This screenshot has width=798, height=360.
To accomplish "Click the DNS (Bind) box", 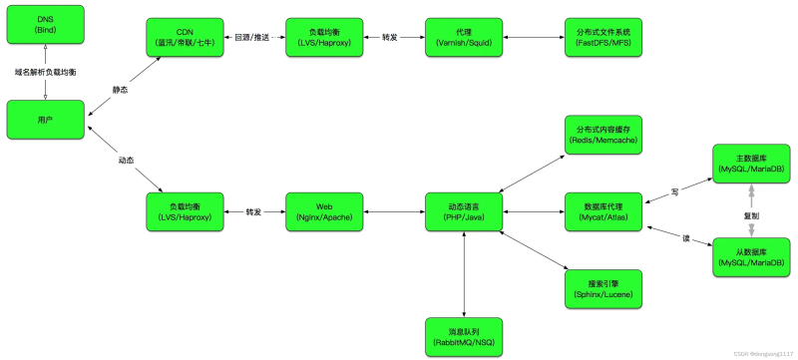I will pyautogui.click(x=45, y=24).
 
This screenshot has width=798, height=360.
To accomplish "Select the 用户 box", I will pyautogui.click(x=45, y=119).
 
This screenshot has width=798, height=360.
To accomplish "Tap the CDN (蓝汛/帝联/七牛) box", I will pyautogui.click(x=186, y=37).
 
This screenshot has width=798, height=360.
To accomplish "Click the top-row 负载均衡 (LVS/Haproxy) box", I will pyautogui.click(x=325, y=37).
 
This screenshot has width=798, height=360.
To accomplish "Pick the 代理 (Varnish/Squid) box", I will pyautogui.click(x=464, y=37).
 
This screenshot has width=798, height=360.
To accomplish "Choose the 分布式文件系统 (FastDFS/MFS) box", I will pyautogui.click(x=603, y=37).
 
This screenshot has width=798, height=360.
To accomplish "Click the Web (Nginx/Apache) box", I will pyautogui.click(x=325, y=211).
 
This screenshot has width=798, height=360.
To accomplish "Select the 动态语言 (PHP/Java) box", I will pyautogui.click(x=464, y=211).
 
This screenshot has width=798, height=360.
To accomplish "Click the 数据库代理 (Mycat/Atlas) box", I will pyautogui.click(x=603, y=211).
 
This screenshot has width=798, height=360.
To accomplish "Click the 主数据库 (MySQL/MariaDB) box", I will pyautogui.click(x=751, y=164).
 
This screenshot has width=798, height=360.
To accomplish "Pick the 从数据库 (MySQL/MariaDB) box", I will pyautogui.click(x=751, y=257).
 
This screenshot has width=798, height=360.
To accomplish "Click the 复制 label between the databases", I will pyautogui.click(x=751, y=213).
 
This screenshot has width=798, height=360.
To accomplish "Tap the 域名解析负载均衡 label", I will pyautogui.click(x=45, y=73).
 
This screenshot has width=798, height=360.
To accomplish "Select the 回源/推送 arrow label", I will pyautogui.click(x=255, y=37).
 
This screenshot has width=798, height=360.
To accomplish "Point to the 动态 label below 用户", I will pyautogui.click(x=126, y=160).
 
